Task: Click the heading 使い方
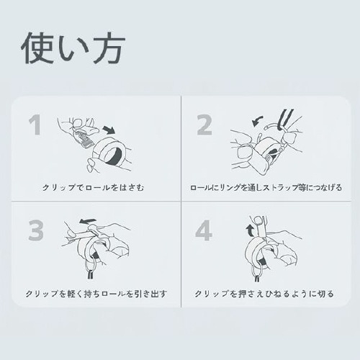click(x=73, y=48)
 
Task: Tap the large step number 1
click(x=35, y=125)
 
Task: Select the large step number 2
click(x=204, y=125)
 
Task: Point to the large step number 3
click(x=36, y=230)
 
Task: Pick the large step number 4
click(x=204, y=230)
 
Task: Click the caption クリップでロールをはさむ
click(x=96, y=189)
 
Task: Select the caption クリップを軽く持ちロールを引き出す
click(x=96, y=294)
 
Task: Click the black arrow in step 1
click(x=108, y=130)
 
